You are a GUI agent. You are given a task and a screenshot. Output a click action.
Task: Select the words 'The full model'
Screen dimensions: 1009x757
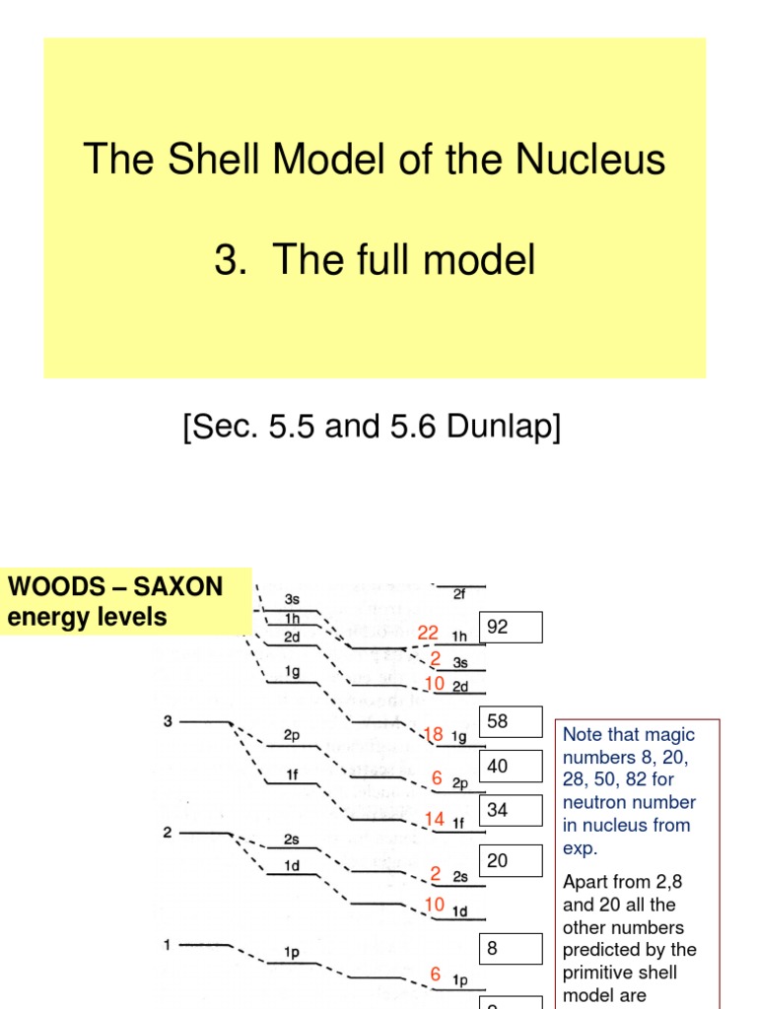(404, 260)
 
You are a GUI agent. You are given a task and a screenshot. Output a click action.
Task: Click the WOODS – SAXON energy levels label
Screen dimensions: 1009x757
(116, 603)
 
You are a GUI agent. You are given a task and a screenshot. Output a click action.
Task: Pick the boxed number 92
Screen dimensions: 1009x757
(511, 627)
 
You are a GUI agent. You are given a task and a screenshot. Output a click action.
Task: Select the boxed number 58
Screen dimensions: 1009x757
(511, 721)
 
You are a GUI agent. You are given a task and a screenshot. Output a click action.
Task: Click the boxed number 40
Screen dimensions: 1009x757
(511, 766)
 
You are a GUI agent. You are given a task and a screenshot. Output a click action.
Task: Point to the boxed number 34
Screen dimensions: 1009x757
(511, 810)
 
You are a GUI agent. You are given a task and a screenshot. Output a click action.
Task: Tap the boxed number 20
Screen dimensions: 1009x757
(511, 860)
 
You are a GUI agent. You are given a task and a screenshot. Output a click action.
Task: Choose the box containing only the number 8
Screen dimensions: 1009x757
(511, 949)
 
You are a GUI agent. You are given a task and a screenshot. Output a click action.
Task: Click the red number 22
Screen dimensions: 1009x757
(428, 634)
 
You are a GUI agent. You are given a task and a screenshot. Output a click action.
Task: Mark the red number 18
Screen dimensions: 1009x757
(434, 734)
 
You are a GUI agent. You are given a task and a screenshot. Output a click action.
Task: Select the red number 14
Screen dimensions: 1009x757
(435, 819)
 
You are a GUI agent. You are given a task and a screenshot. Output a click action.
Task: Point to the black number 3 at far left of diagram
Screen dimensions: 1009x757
(168, 722)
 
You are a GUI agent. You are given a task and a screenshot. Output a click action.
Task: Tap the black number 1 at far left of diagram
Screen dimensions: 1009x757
(168, 946)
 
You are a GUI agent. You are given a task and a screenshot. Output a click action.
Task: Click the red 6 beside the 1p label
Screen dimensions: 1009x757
(435, 974)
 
